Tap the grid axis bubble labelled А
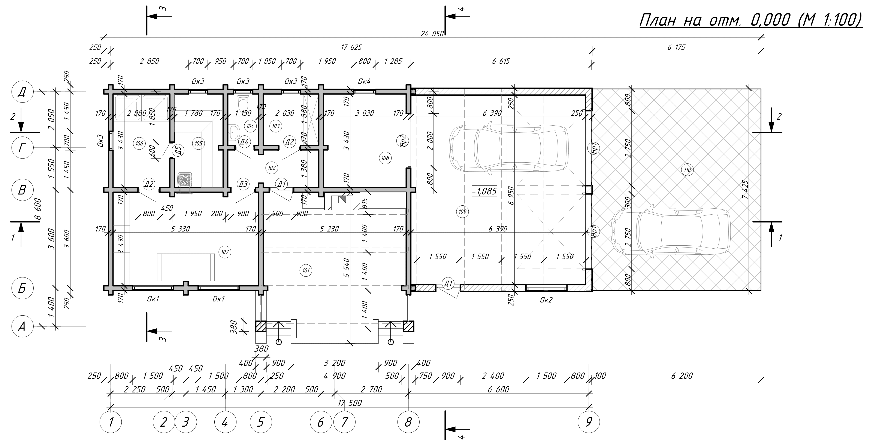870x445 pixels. (22, 326)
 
